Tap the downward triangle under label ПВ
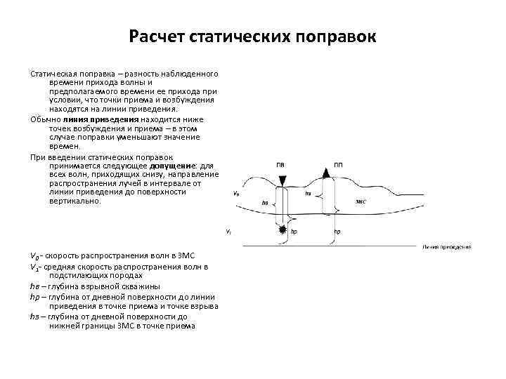tap(282, 180)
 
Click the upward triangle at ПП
tap(325, 172)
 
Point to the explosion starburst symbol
tap(283, 230)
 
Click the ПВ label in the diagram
tap(281, 164)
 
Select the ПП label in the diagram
tap(339, 164)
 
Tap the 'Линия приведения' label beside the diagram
tap(446, 247)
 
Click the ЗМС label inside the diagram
tap(361, 201)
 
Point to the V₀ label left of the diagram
tap(235, 193)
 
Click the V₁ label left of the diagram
tap(228, 231)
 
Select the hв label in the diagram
tap(266, 202)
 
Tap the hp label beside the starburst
tap(294, 231)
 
